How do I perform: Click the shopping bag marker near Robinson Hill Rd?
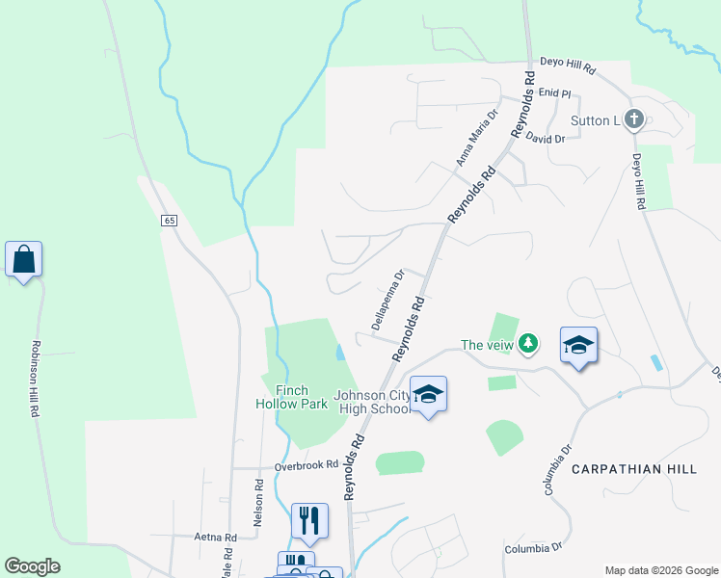23,260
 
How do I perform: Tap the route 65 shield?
170,221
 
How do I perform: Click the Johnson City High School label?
372,402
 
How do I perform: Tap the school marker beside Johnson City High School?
428,395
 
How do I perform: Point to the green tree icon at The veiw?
527,343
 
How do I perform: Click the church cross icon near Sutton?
633,119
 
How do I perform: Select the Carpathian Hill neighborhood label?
633,468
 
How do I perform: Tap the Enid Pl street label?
555,94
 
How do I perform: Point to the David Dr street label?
545,139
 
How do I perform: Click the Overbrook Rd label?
307,465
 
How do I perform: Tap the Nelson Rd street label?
258,503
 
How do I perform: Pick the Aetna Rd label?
216,538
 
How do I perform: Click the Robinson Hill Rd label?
35,379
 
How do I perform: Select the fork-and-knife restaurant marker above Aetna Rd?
309,520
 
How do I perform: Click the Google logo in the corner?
32,566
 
